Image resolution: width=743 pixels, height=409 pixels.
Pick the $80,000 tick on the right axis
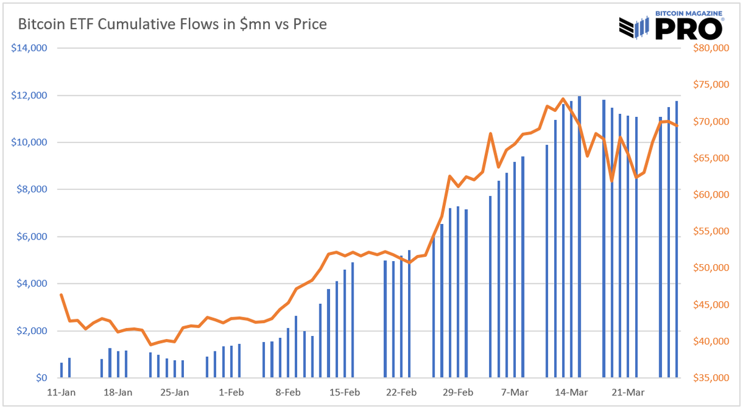(x=706, y=48)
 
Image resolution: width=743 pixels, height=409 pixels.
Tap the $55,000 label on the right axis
(x=706, y=231)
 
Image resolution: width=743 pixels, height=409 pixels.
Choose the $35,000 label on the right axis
(x=706, y=378)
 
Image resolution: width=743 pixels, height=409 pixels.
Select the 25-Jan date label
(x=174, y=392)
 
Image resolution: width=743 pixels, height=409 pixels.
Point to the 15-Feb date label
(x=344, y=392)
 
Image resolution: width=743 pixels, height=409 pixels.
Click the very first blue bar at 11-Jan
(x=61, y=370)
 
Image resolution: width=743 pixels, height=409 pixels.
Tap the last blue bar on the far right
(x=677, y=241)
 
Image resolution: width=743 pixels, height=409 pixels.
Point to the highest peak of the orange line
(x=562, y=99)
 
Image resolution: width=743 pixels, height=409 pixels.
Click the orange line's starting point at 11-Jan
(x=61, y=295)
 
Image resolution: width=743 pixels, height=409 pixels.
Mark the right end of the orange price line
(x=677, y=126)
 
